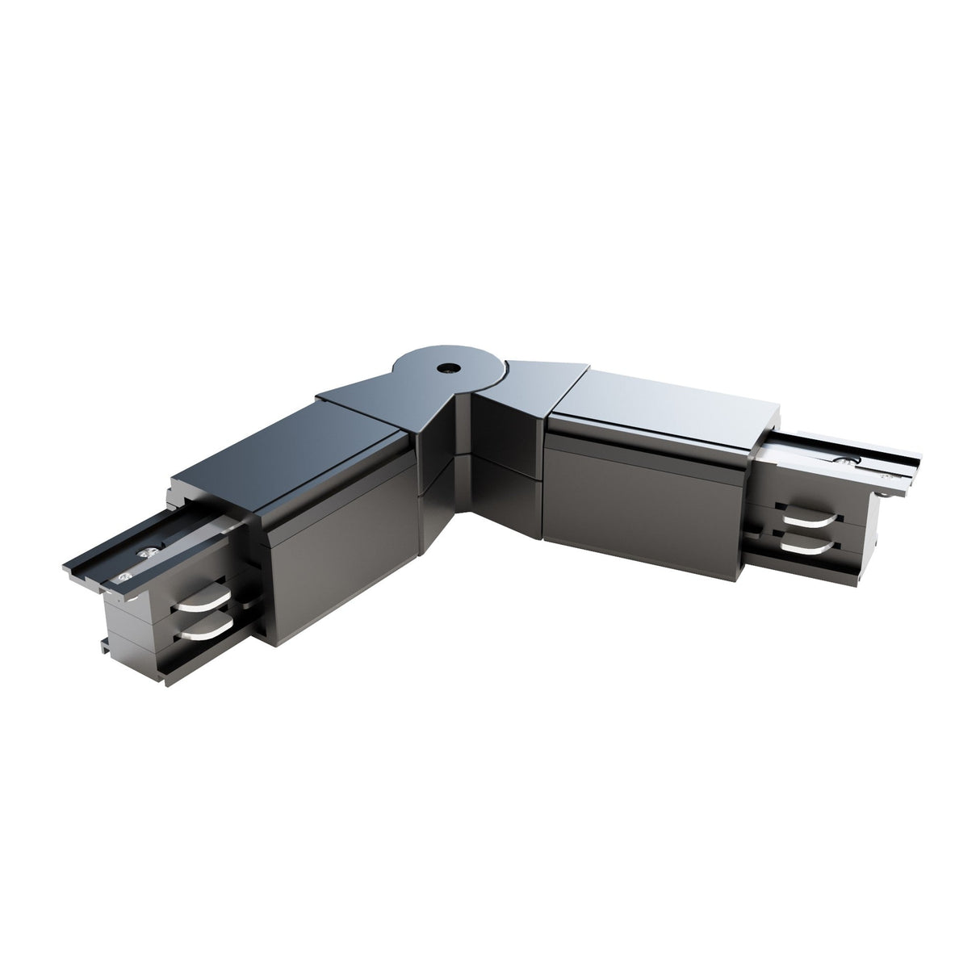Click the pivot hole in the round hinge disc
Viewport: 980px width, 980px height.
(x=445, y=367)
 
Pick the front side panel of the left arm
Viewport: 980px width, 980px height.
(x=339, y=565)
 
